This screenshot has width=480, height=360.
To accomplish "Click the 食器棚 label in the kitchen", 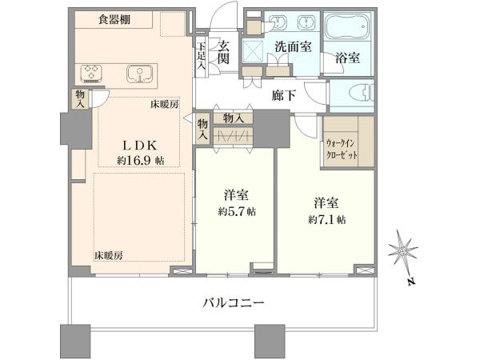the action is tap(114, 19).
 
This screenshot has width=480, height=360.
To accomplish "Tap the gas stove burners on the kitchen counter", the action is tap(91, 74).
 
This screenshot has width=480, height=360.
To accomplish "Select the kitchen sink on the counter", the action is tap(139, 74).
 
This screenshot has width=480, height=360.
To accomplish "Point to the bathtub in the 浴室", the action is tap(347, 26).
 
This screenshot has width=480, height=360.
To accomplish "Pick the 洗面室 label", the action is tap(293, 46).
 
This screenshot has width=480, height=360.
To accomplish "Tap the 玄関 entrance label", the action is tap(223, 52).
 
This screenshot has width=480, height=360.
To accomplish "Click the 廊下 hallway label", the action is tap(284, 96).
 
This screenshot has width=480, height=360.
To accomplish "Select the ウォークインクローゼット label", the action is tap(341, 149).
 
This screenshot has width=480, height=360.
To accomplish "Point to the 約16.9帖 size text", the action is tap(141, 161).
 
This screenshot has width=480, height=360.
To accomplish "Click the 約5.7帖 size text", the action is tap(237, 211).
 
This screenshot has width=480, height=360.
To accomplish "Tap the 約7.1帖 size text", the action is tap(326, 219).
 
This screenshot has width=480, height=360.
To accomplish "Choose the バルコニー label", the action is tap(234, 303).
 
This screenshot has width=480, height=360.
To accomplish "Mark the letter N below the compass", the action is tap(412, 282).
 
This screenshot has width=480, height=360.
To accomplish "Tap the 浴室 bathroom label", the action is tap(347, 58).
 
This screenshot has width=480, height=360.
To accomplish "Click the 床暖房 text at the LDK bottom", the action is tap(108, 256).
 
